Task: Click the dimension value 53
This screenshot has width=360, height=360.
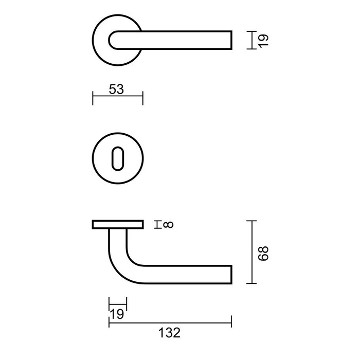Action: [117, 89]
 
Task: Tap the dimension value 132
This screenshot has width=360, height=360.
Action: [169, 333]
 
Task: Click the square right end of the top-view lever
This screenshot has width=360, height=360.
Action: [230, 40]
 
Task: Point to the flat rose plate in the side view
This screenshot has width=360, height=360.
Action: [117, 225]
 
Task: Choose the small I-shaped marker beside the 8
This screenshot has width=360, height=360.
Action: [158, 224]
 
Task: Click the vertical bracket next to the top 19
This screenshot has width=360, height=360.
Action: [250, 40]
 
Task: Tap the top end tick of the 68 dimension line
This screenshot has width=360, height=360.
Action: [250, 220]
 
